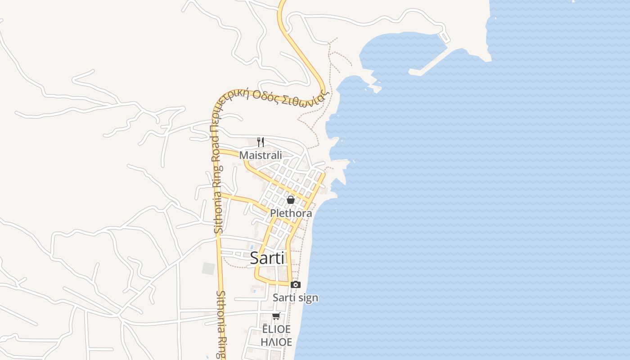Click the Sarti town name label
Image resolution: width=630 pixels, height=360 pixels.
pos(267,258)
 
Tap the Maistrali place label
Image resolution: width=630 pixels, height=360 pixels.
pos(261,155)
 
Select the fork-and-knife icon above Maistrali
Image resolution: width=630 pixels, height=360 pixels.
pos(260,142)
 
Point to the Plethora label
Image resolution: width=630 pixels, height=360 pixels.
pos(291,213)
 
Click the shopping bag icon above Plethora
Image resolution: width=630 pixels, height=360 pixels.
pos(291,200)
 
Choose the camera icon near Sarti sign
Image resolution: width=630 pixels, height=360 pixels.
pos(296,284)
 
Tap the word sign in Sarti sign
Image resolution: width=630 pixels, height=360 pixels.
pos(308,297)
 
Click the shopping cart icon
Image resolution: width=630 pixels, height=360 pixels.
pos(276,316)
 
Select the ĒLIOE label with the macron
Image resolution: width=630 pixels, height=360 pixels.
pos(276,329)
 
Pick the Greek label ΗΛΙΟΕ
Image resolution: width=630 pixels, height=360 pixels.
pos(276,342)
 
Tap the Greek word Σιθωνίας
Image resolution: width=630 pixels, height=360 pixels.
pos(306,98)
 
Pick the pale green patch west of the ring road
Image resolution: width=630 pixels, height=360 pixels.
pos(208,269)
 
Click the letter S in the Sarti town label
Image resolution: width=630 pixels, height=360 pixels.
pos(254,258)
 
